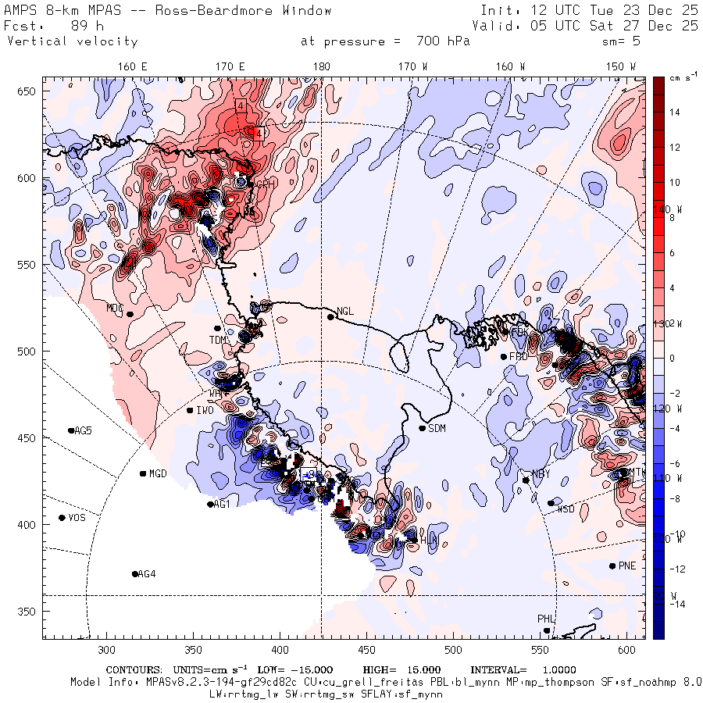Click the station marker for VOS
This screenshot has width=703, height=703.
coord(62,518)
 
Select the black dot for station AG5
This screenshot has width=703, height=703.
coord(71,430)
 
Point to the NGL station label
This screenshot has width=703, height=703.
coord(345,311)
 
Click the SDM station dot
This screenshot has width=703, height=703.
coord(423,428)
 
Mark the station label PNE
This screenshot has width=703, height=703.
coord(626,566)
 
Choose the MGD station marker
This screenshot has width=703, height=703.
coord(143,473)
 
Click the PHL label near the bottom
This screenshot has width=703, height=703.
coord(545,619)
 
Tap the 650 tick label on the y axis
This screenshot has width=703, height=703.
coord(29,92)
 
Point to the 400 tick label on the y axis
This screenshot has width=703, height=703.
coord(29,524)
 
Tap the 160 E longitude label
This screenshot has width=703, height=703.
coord(133,66)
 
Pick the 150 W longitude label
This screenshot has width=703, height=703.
coord(621,66)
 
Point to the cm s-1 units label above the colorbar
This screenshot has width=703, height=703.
coord(676,78)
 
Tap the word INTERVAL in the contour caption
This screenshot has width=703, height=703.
coord(498,670)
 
